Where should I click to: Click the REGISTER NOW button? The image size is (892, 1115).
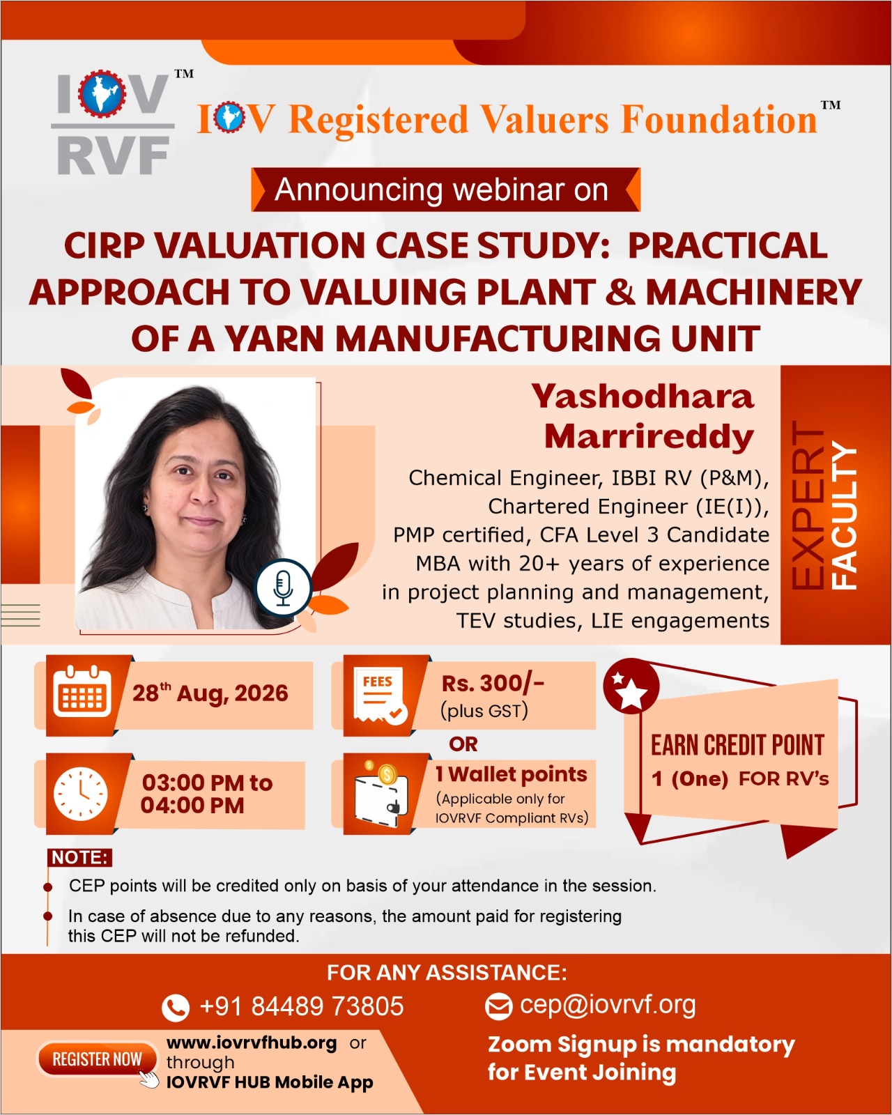(x=97, y=1059)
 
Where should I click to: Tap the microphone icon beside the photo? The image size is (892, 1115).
(x=283, y=587)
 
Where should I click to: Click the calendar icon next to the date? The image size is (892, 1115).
(x=82, y=692)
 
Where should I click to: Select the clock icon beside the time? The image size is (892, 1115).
(x=81, y=794)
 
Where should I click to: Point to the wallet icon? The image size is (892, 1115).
(x=381, y=793)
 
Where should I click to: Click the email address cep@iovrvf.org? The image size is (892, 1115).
(x=608, y=1005)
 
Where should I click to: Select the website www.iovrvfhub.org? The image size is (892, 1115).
(x=252, y=1043)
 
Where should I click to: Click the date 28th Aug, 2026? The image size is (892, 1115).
(x=210, y=693)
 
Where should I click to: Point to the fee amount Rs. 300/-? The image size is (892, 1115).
(x=493, y=684)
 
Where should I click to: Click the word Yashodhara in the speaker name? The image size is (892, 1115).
(x=643, y=397)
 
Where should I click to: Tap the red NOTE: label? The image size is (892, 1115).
(x=79, y=857)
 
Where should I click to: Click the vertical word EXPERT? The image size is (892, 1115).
(x=808, y=505)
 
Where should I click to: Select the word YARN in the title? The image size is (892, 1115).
(x=275, y=339)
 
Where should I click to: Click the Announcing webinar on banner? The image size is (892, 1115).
(x=446, y=190)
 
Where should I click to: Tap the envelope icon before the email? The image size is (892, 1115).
(x=498, y=1006)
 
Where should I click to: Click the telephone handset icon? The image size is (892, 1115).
(x=175, y=1008)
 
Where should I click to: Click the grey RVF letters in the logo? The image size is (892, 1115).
(x=113, y=155)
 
